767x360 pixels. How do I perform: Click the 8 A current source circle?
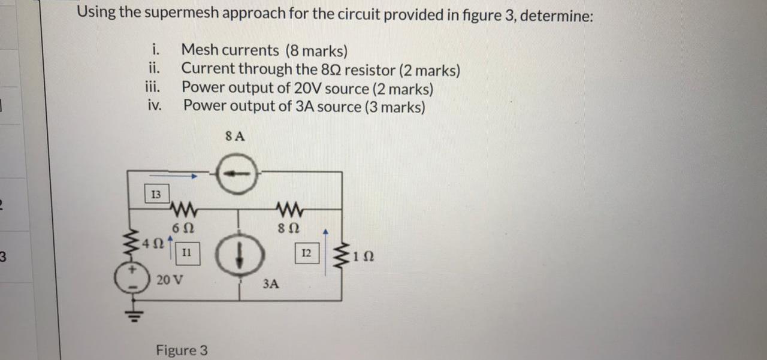[237, 174]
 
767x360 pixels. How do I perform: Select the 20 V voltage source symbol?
[128, 281]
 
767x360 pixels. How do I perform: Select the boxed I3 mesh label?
[156, 194]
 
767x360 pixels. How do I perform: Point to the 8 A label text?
[235, 136]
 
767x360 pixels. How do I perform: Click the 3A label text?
[270, 284]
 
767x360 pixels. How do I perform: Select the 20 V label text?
[170, 279]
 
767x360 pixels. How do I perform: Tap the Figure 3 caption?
[182, 350]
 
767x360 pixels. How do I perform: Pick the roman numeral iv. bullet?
[155, 106]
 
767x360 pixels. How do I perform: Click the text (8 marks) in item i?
[316, 50]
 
